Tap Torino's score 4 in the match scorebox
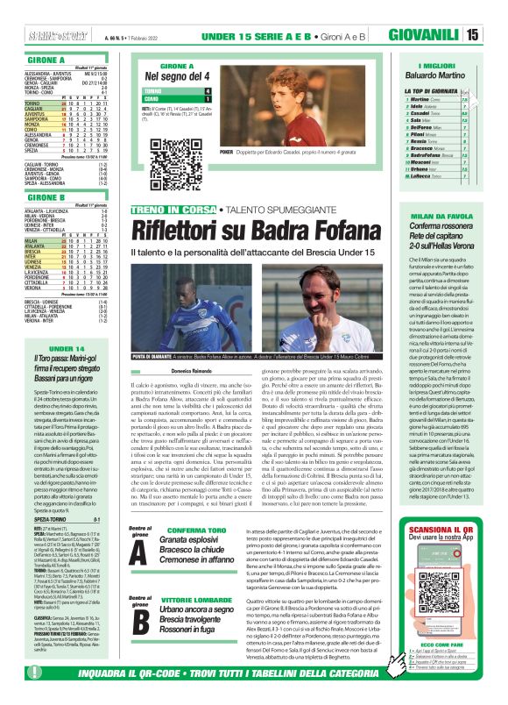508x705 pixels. coord(208,90)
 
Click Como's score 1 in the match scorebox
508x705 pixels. coord(208,99)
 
